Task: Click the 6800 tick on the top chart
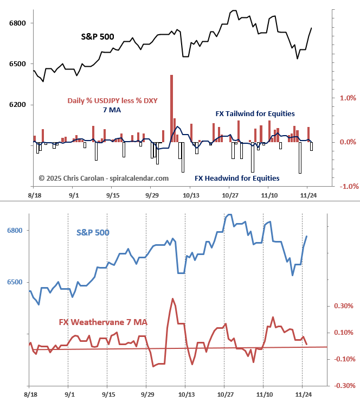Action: [x=15, y=23]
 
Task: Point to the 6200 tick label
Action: [x=15, y=105]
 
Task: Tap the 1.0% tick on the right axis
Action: [x=348, y=98]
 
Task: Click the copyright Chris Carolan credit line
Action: [x=104, y=178]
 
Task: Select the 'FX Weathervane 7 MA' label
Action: [x=103, y=322]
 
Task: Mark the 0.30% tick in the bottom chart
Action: [x=344, y=306]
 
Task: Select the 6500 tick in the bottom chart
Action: [x=15, y=283]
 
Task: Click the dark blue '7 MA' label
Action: [x=112, y=110]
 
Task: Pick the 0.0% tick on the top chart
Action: [x=348, y=142]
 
